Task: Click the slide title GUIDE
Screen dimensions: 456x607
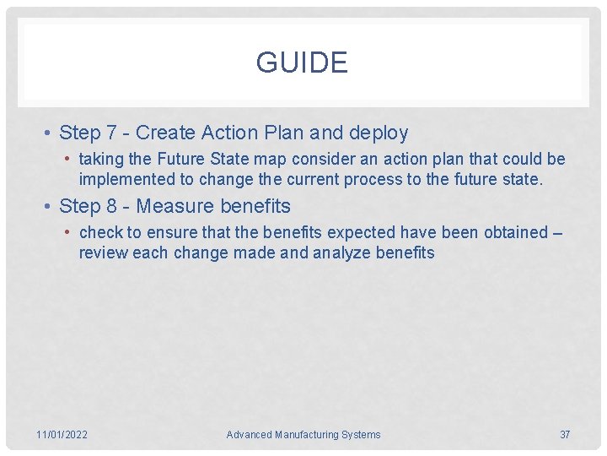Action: tap(302, 63)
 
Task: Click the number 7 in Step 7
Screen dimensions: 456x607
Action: tap(111, 133)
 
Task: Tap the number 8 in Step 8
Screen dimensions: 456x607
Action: tap(111, 207)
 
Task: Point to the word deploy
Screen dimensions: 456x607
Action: tap(379, 133)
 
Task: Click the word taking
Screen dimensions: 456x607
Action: tap(101, 160)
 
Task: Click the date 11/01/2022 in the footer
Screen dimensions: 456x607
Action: tap(62, 435)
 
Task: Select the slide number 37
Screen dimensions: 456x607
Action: tap(565, 435)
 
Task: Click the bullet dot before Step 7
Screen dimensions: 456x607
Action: tap(50, 133)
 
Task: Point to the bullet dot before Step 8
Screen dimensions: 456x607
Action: tap(50, 207)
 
